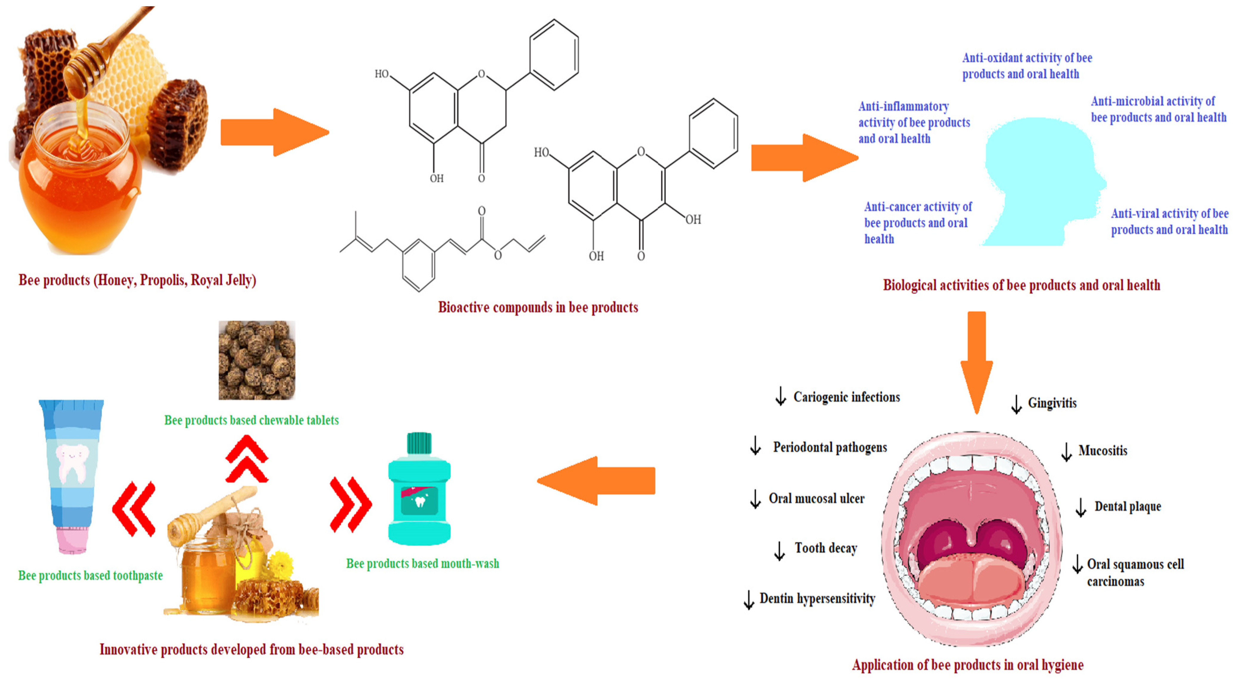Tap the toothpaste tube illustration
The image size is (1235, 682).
pyautogui.click(x=72, y=474)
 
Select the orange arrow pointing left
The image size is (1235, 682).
pyautogui.click(x=597, y=481)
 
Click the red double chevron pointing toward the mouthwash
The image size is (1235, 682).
pyautogui.click(x=350, y=505)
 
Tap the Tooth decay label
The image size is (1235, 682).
pyautogui.click(x=826, y=548)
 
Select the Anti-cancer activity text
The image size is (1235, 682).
pyautogui.click(x=917, y=223)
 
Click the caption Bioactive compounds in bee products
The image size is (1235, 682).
pyautogui.click(x=538, y=307)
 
